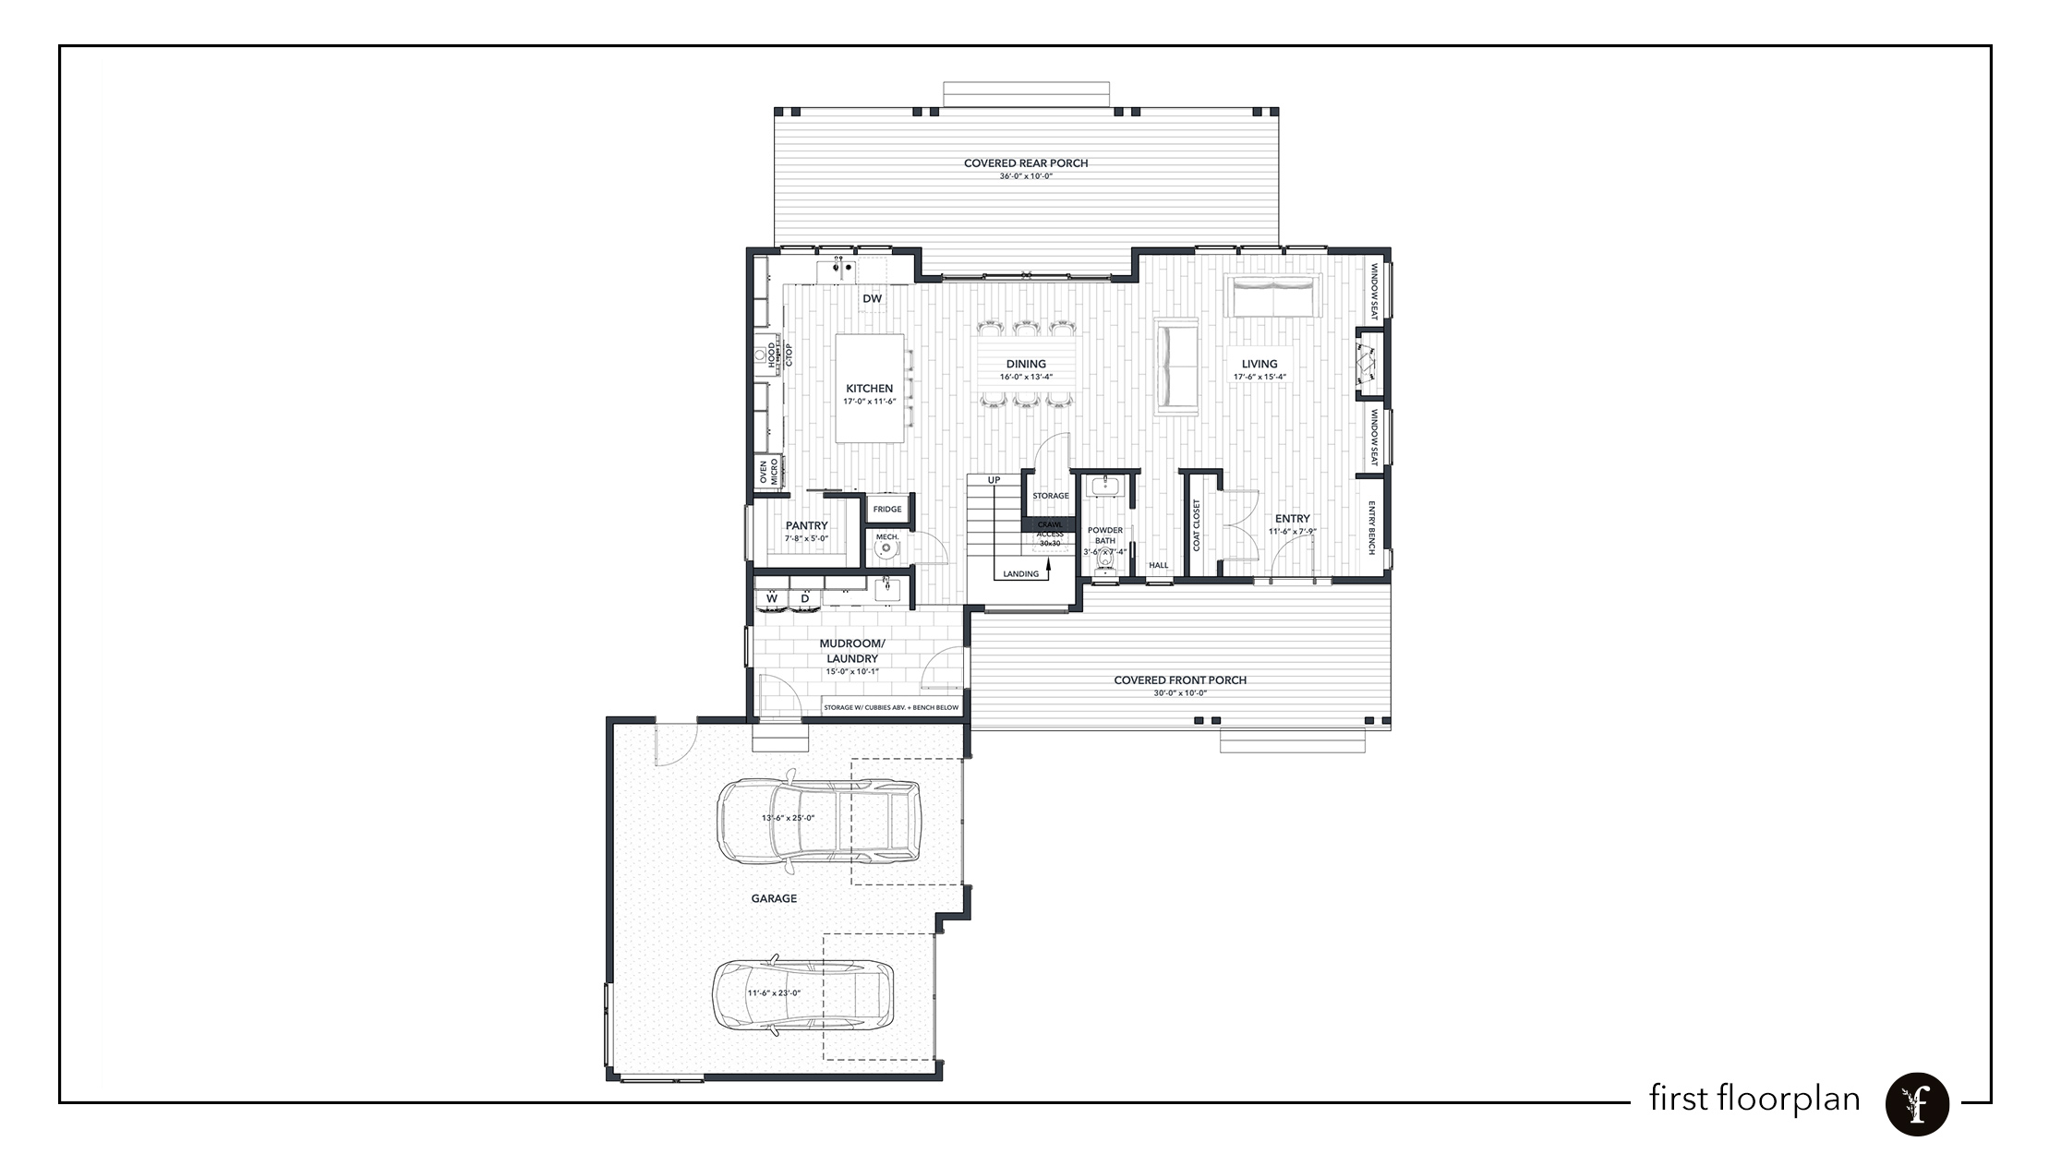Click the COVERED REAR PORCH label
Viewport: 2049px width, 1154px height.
(x=1026, y=163)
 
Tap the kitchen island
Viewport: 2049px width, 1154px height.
(x=869, y=388)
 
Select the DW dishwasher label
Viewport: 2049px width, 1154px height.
(x=872, y=298)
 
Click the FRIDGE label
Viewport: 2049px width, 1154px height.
(x=887, y=509)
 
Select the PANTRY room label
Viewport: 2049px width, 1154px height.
(x=806, y=525)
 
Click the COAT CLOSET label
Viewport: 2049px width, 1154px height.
(x=1197, y=525)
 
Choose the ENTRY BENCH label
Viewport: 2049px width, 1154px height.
(x=1372, y=528)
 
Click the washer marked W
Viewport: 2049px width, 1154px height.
(x=771, y=598)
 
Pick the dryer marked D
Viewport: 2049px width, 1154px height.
(x=805, y=598)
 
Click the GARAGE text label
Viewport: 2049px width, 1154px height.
(x=774, y=898)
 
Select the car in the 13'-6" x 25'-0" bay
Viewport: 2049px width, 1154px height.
(x=818, y=821)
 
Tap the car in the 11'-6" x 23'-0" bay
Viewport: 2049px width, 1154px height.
(x=803, y=995)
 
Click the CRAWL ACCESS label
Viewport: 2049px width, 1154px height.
(x=1050, y=529)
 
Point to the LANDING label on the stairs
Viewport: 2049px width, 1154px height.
(x=1021, y=573)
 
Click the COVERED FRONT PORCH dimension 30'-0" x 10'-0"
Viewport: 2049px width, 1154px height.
(x=1180, y=693)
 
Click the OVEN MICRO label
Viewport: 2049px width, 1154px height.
(x=768, y=473)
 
